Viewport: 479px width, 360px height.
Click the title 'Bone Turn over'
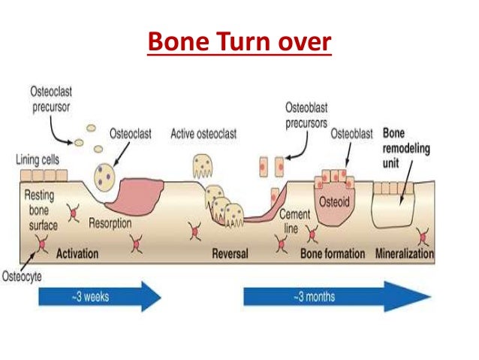pos(239,42)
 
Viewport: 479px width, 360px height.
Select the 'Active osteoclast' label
pos(204,134)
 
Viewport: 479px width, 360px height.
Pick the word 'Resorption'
pos(111,223)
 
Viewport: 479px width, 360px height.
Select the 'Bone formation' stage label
pos(333,253)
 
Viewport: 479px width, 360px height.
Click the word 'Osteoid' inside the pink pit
pos(336,201)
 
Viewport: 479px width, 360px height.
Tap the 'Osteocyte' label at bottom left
pos(21,276)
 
